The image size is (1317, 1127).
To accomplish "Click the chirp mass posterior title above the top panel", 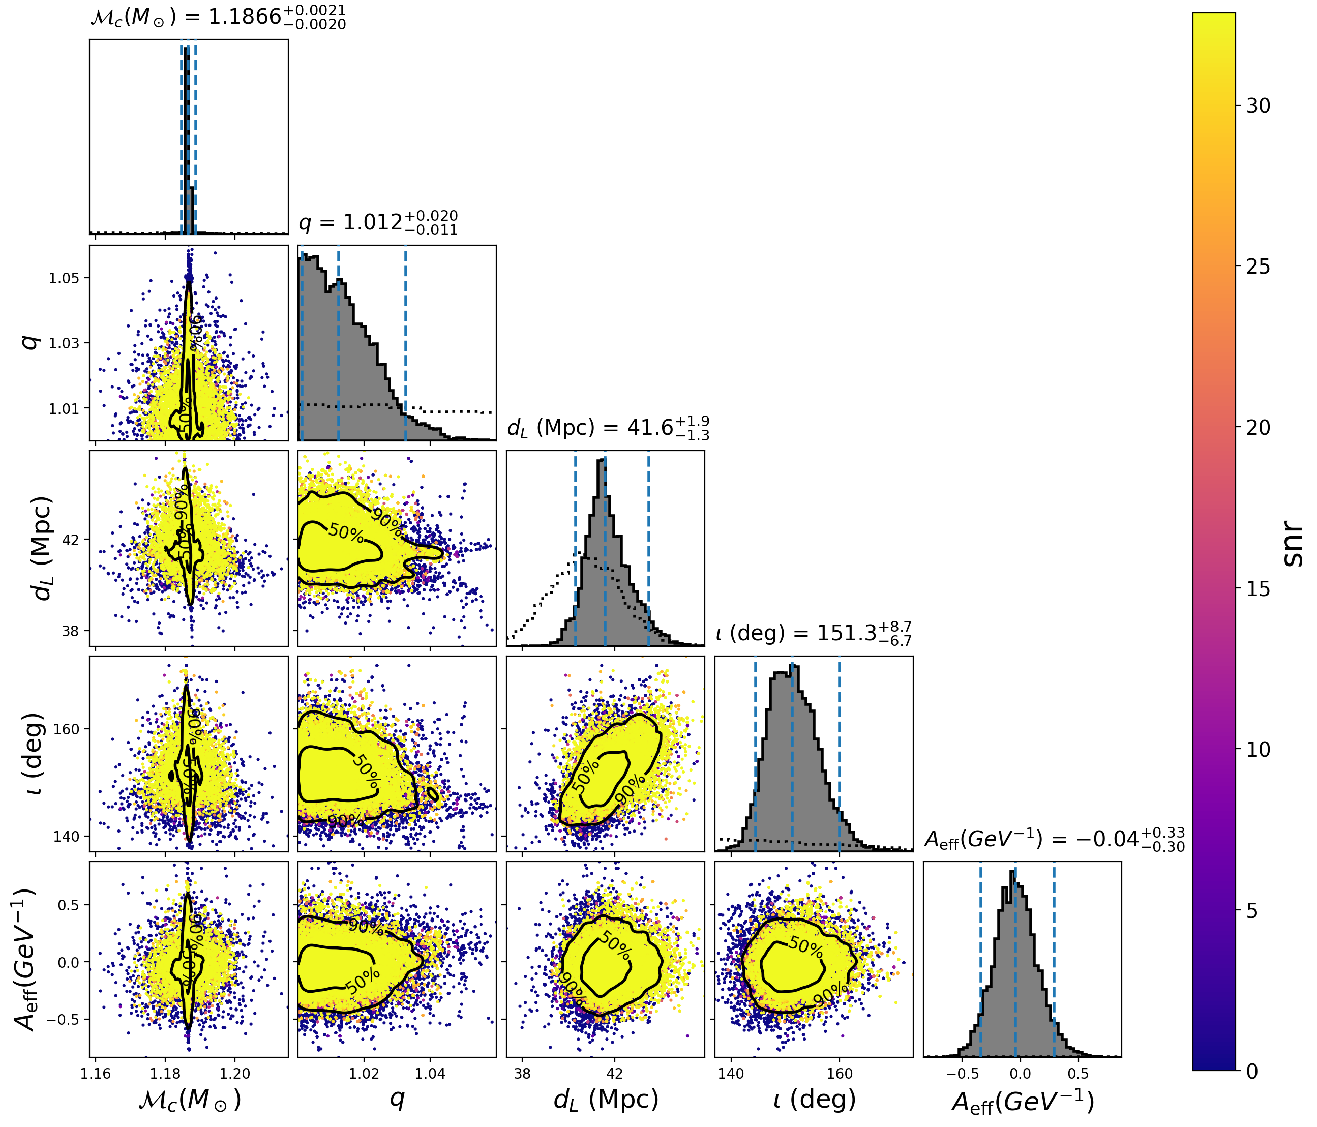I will (x=218, y=17).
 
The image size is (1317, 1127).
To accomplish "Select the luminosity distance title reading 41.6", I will (x=608, y=428).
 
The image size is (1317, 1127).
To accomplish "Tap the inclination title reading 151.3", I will (x=813, y=633).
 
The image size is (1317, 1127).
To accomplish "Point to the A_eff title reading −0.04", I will (x=1053, y=840).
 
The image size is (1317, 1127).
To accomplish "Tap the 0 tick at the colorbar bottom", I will (x=1252, y=1072).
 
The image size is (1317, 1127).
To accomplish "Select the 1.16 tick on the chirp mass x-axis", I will (x=96, y=1074).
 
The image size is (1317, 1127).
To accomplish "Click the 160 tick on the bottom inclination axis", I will (x=840, y=1074).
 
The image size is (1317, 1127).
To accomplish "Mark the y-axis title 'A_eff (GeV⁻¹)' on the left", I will (x=25, y=959).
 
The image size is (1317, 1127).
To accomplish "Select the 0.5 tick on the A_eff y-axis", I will (x=69, y=905).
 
